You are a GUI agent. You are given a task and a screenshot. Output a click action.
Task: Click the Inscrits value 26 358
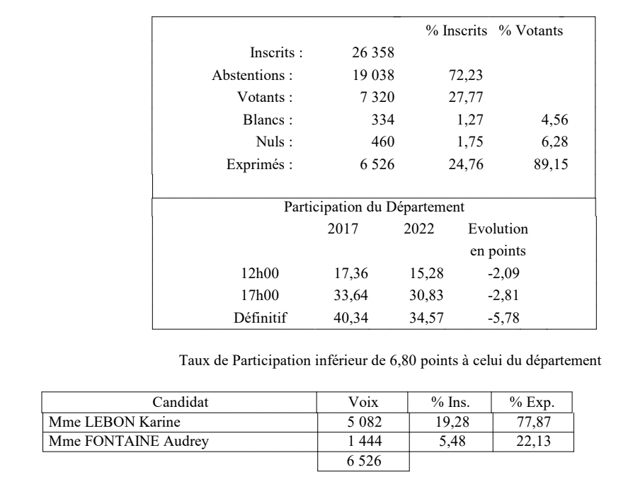coord(373,52)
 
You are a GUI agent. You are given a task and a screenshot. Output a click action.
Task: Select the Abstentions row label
coord(253,74)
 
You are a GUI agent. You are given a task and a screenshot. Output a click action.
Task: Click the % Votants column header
coord(531,31)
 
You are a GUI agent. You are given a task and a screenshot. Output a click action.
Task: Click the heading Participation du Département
coord(374,208)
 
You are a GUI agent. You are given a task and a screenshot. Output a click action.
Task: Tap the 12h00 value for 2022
coord(426,274)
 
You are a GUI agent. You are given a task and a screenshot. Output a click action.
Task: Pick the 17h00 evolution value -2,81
coord(506,296)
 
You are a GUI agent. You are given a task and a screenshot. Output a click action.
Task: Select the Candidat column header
coord(181,404)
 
